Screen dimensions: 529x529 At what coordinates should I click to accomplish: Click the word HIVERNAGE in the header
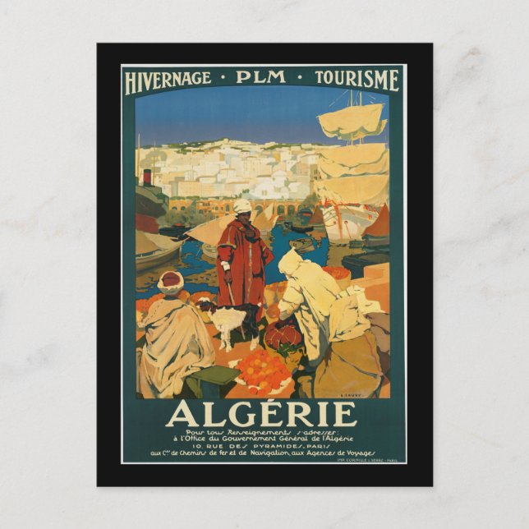(x=167, y=80)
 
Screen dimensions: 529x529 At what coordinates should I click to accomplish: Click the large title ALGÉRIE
(x=262, y=413)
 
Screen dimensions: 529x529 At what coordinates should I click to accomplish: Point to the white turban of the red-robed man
(x=242, y=206)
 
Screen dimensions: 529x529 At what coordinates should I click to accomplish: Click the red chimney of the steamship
(x=147, y=177)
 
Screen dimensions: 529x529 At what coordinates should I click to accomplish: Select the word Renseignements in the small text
(x=243, y=432)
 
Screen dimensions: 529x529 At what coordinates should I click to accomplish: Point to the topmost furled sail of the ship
(x=351, y=120)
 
